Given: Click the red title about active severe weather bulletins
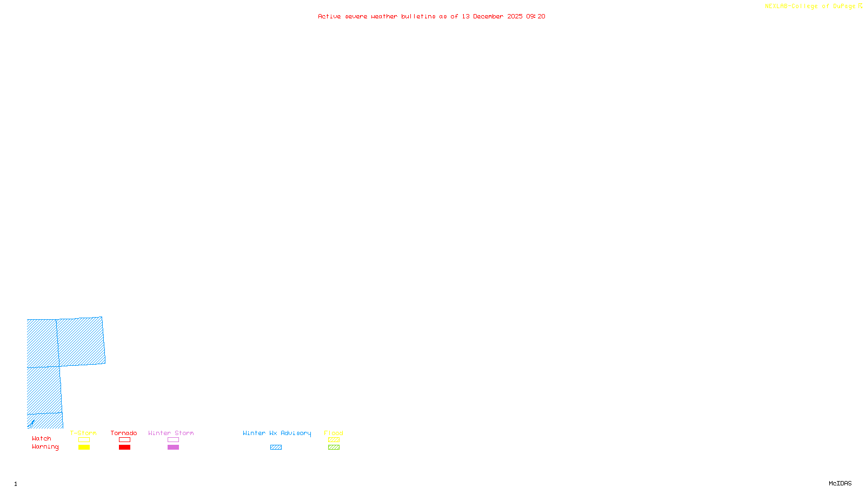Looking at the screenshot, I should (x=431, y=17).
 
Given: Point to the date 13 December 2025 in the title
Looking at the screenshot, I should (x=492, y=17).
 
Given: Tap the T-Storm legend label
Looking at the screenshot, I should (x=83, y=433).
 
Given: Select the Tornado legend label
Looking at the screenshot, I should (x=124, y=433).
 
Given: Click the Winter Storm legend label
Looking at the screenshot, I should (x=171, y=433).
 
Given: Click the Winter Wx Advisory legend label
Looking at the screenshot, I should (x=277, y=433).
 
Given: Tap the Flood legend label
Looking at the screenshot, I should (x=334, y=433).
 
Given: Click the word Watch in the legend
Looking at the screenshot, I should (x=42, y=439).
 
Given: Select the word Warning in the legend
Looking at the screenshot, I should (x=45, y=447).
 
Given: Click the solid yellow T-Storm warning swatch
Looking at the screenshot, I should (x=84, y=447).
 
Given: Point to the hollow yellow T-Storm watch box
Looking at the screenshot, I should (x=84, y=440).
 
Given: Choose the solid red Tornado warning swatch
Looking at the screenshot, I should (x=125, y=447).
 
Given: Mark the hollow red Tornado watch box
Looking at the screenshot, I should (x=125, y=440).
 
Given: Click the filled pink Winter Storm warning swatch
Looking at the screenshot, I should (x=173, y=447).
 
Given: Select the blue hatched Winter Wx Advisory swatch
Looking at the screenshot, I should (x=276, y=447).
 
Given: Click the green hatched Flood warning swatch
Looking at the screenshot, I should (x=334, y=447).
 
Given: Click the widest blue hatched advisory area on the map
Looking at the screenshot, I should (x=81, y=341).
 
